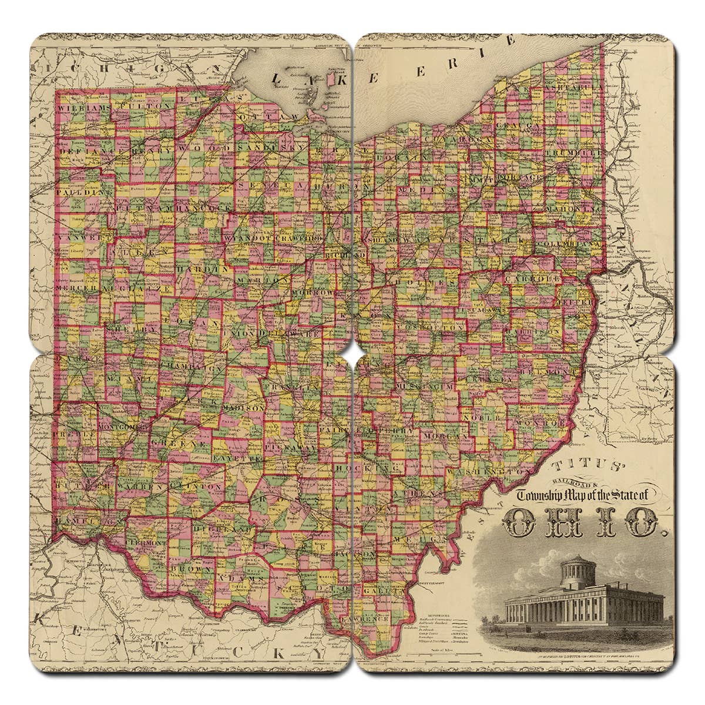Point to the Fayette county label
237,456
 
